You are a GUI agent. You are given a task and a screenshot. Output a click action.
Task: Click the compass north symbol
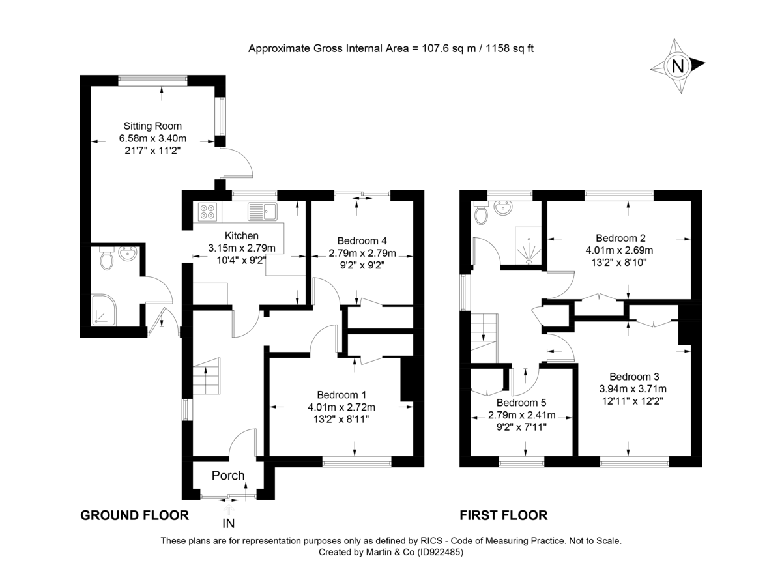[x=678, y=65]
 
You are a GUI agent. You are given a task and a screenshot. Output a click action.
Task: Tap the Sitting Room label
[x=152, y=126]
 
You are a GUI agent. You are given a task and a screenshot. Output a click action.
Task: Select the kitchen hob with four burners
[x=209, y=211]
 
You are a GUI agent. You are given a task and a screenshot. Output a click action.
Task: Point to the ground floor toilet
[x=107, y=260]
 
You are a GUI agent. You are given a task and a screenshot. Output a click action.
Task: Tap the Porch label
[x=228, y=476]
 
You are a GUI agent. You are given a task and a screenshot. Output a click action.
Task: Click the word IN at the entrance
[x=228, y=524]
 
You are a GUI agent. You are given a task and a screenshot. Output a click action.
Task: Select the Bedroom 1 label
[x=341, y=395]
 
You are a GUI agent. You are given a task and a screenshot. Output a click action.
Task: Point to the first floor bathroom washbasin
[x=503, y=209]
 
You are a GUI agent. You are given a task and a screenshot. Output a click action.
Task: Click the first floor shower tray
[x=529, y=246]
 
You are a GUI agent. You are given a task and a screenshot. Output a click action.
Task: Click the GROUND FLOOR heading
[x=134, y=515]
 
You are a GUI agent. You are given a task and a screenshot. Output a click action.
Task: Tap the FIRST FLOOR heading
[x=503, y=515]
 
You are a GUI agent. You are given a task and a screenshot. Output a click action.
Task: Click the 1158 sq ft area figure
[x=507, y=48]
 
